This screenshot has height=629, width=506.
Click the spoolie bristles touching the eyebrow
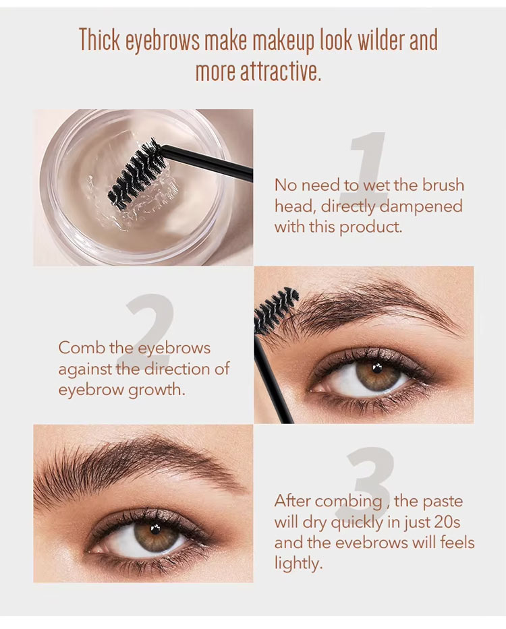point(275,309)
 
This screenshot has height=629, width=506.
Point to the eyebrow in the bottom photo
point(135,465)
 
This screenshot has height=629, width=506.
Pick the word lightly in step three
point(298,563)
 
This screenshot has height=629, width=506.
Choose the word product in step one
point(370,227)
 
